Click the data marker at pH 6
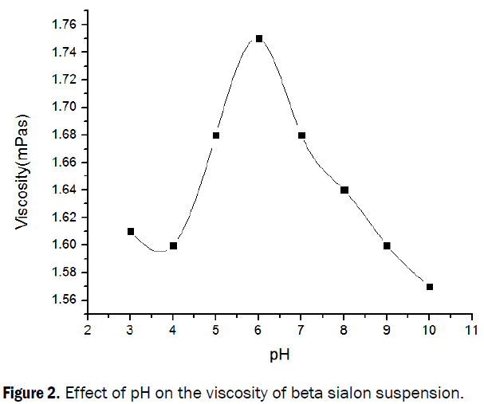coord(259,38)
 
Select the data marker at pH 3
coord(131,231)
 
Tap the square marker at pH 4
coord(174,245)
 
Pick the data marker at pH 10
coord(430,287)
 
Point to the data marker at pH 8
coord(344,190)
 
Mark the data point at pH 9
coord(388,245)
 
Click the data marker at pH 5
coord(216,135)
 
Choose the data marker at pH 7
coord(301,135)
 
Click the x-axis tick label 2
coord(88,329)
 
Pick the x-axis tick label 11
coord(472,329)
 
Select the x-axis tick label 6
coord(259,329)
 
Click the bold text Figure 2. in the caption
coord(39,392)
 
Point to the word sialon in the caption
coord(350,392)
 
